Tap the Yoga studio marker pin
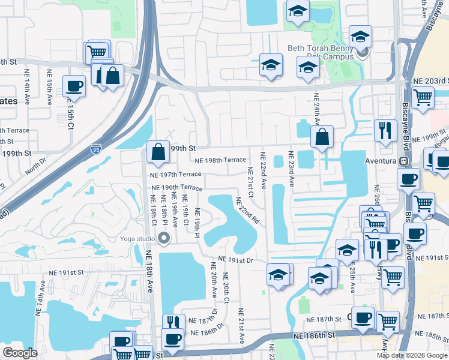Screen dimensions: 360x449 click(x=164, y=239)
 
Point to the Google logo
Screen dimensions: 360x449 click(x=20, y=353)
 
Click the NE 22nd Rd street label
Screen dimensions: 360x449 click(x=247, y=211)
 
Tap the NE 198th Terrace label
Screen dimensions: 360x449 click(x=220, y=160)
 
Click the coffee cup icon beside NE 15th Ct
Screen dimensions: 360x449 click(x=74, y=86)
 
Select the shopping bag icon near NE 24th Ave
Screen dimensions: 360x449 click(x=322, y=137)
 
